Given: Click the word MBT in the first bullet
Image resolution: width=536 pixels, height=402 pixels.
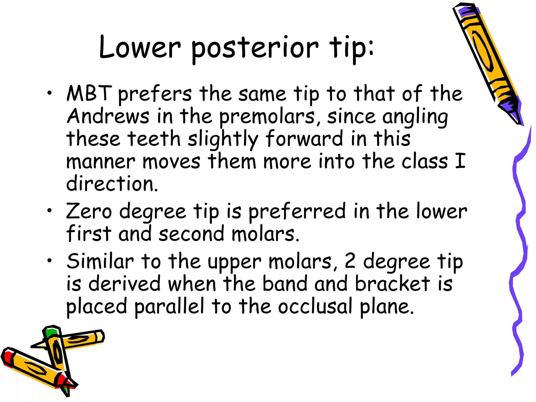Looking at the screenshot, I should tap(90, 93).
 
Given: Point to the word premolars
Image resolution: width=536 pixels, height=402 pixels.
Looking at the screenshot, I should tap(267, 117).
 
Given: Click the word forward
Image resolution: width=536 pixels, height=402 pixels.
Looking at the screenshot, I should tap(304, 139).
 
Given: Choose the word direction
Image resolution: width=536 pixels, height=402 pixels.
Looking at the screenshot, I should tap(112, 183).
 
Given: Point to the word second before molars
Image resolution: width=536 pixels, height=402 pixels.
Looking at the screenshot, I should tap(191, 234).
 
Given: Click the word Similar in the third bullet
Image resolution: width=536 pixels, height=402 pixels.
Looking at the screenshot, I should tap(100, 261).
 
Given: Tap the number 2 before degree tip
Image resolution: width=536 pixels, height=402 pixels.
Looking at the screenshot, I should tap(350, 261).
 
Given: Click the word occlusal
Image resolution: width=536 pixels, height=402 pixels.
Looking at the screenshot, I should tap(315, 306).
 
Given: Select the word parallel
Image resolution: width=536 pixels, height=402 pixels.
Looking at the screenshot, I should tap(169, 307).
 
